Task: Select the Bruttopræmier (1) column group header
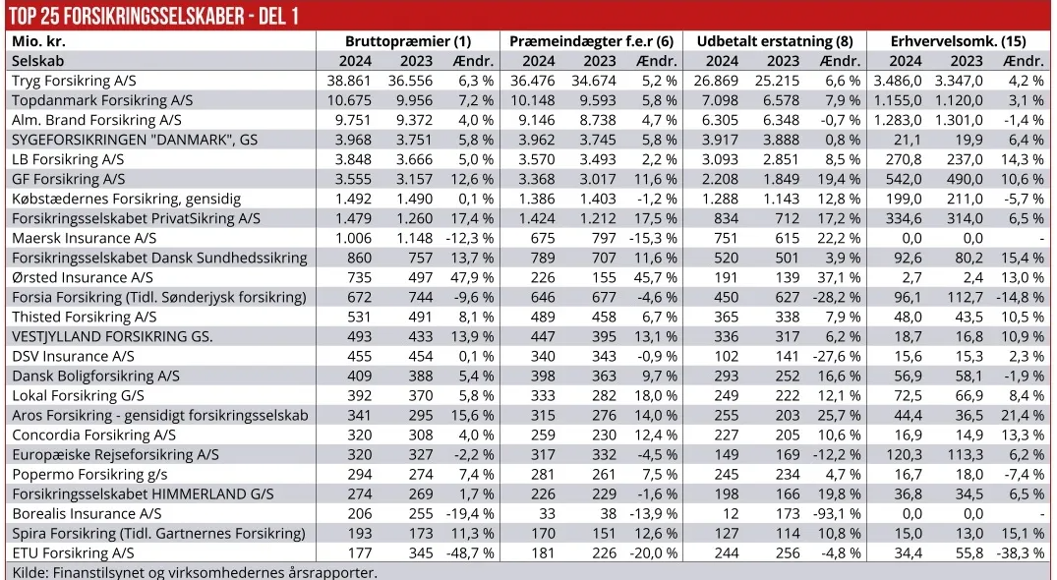pos(408,41)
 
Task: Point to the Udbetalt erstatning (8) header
pos(775,41)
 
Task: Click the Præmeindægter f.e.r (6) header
pos(591,41)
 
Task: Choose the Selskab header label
pos(38,61)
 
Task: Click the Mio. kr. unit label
pos(38,41)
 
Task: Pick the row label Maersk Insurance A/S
pos(85,238)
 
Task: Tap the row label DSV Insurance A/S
pos(73,356)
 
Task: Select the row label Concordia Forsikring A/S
pos(93,435)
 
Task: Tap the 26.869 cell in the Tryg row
pos(730,81)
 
